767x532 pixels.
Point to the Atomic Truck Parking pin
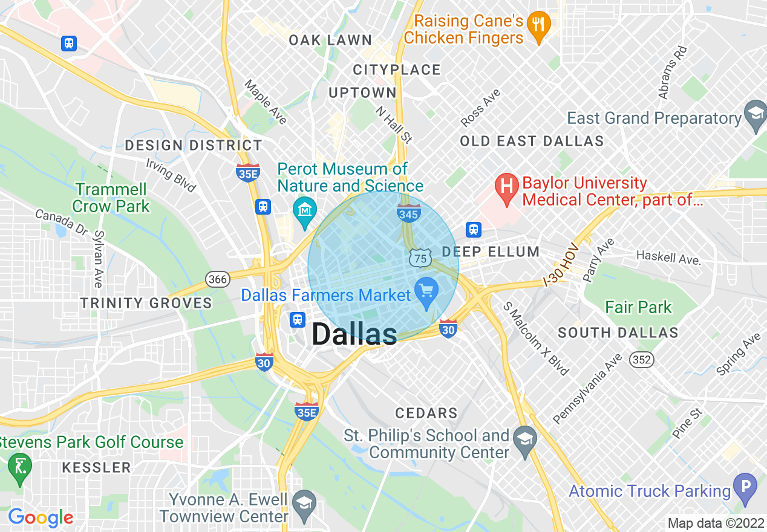click(745, 487)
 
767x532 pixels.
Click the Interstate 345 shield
click(409, 212)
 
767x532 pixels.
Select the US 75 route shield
click(420, 258)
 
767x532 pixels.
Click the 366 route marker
click(217, 279)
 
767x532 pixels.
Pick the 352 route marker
click(641, 360)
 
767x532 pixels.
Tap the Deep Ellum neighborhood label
click(491, 251)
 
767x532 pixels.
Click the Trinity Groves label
click(146, 303)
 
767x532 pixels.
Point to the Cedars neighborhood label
click(426, 414)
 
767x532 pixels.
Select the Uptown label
click(362, 92)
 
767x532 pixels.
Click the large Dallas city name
click(354, 334)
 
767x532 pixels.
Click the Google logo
click(41, 517)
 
